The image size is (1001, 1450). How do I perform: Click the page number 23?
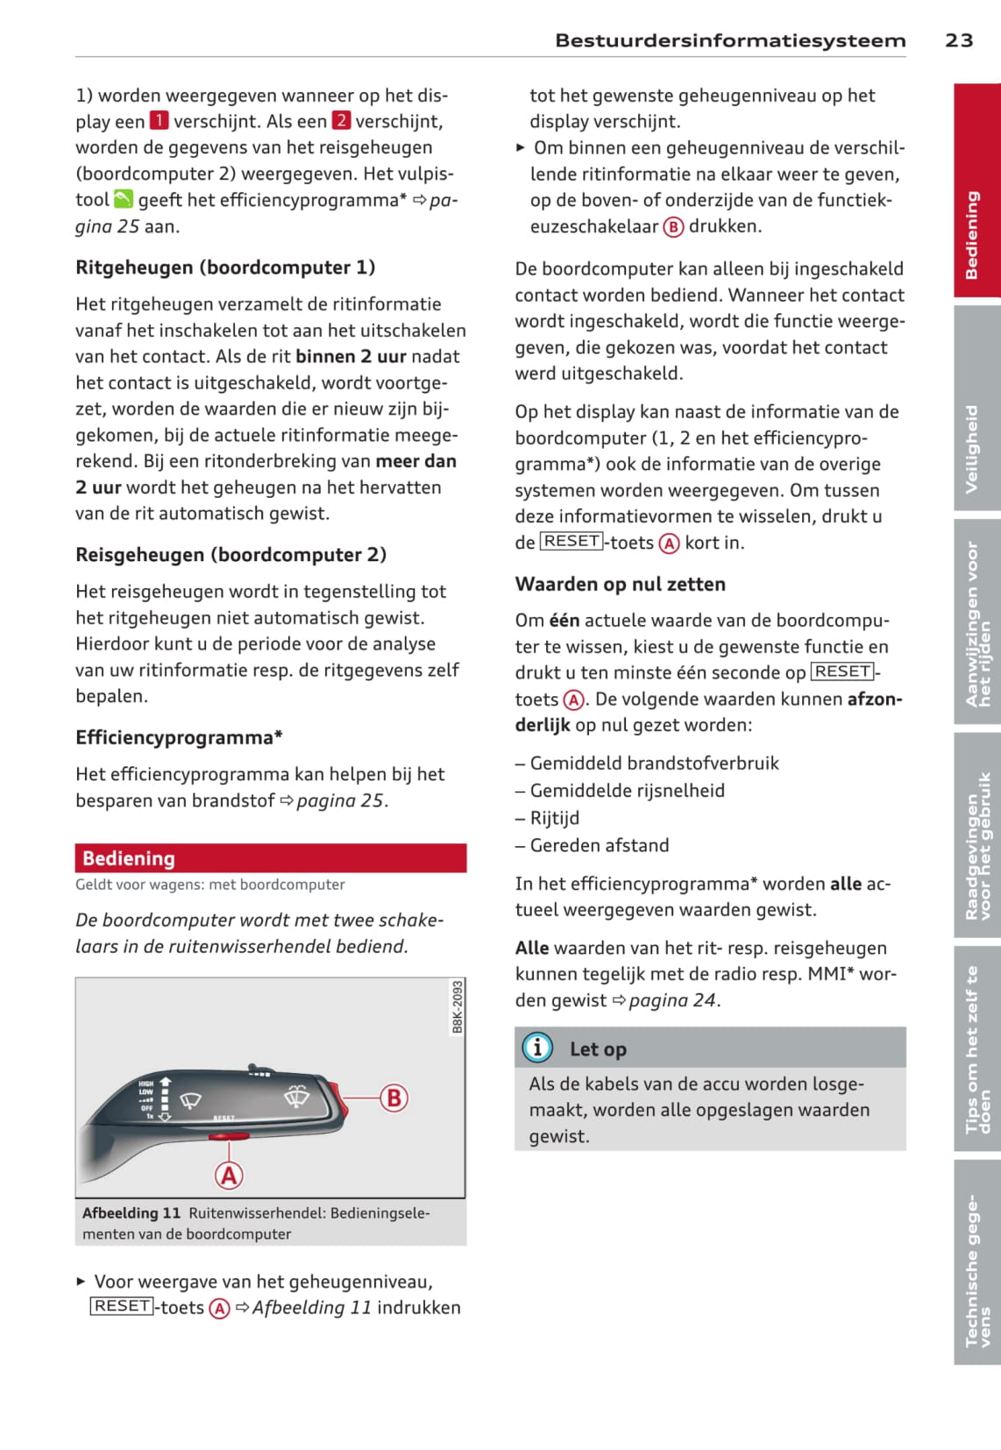pos(959,40)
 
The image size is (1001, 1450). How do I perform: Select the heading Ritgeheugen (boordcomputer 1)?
pos(225,267)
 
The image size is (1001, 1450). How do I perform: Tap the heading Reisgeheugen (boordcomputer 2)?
pos(231,555)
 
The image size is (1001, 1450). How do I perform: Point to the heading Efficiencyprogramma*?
pos(179,737)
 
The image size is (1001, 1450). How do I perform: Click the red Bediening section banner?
pos(270,858)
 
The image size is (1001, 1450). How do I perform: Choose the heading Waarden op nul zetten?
pos(620,584)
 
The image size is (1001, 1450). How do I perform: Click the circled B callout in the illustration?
pos(394,1098)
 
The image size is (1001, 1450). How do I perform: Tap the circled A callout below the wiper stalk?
pos(230,1175)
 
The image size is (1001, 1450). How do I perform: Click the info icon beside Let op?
pos(537,1048)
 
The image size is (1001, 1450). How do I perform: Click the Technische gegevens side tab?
pos(976,1262)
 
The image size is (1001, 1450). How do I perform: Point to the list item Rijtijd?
pos(554,818)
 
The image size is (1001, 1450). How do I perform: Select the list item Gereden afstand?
pos(599,845)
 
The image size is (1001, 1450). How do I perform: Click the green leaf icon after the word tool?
pos(124,200)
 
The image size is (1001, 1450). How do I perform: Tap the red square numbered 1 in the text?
pos(159,121)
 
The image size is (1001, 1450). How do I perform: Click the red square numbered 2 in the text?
pos(341,121)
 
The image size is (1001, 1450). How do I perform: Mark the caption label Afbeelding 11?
pos(131,1213)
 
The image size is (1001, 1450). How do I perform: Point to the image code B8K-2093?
pos(458,1006)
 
